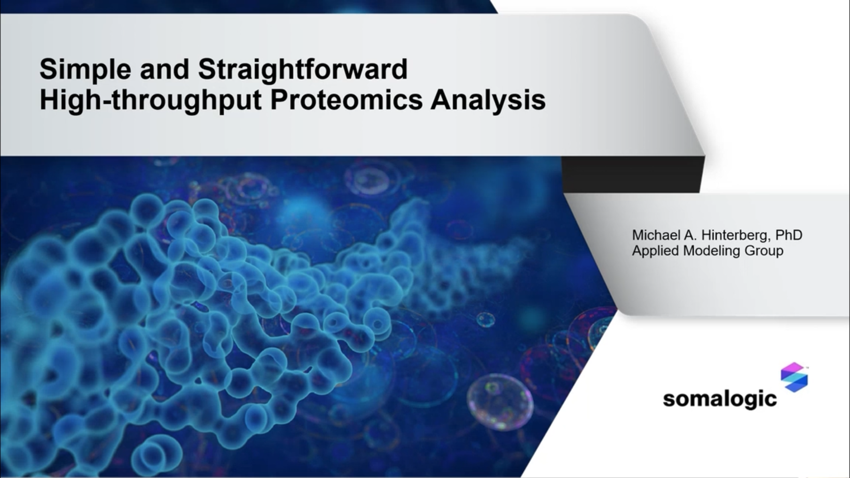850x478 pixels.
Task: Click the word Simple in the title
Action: click(85, 69)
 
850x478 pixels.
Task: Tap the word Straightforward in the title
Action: click(303, 69)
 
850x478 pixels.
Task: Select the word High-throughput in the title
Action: click(150, 100)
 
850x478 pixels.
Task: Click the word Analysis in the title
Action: click(488, 100)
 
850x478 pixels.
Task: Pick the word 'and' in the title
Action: click(164, 69)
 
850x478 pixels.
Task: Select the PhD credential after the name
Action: click(789, 236)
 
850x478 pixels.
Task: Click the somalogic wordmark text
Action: click(720, 399)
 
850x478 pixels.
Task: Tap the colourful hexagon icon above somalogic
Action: click(794, 377)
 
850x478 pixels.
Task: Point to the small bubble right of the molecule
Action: click(485, 320)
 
